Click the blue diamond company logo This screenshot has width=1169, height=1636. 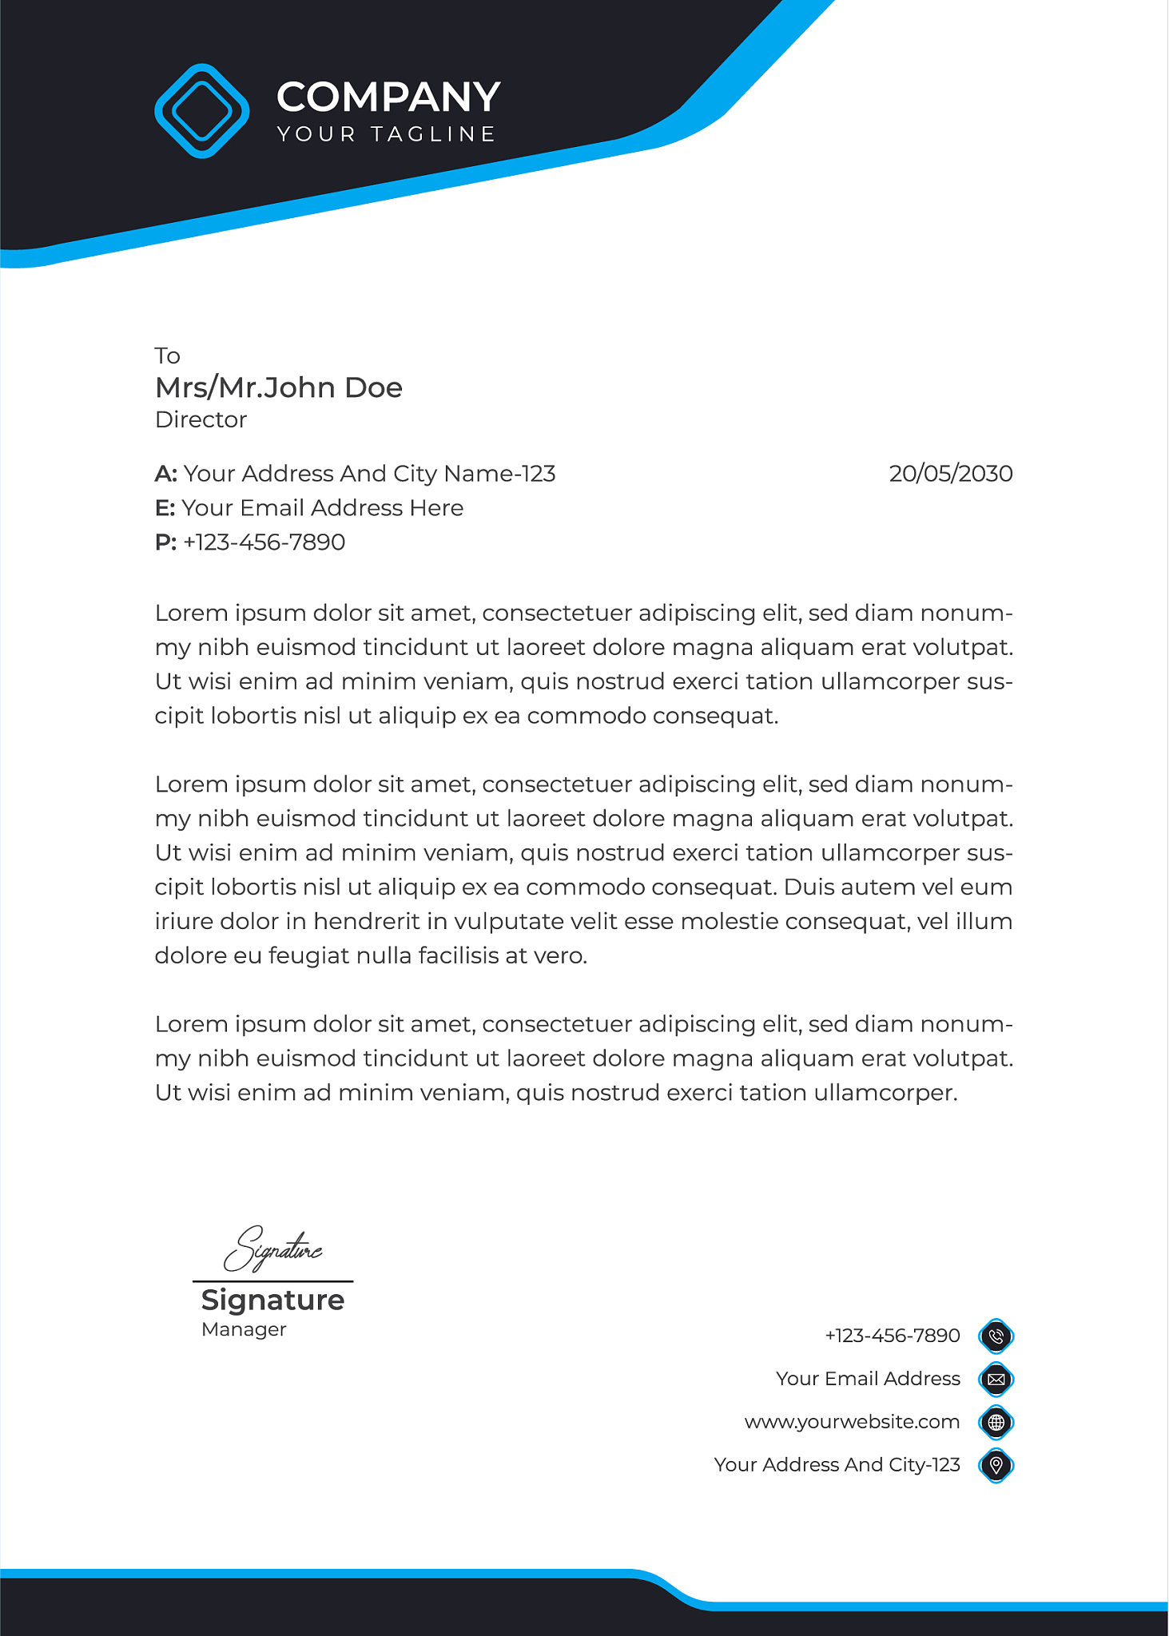(202, 111)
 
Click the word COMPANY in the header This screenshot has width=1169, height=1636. (388, 97)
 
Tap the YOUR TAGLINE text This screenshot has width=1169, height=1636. (387, 134)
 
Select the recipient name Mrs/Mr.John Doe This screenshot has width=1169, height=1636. (279, 387)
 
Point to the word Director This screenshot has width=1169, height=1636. (201, 419)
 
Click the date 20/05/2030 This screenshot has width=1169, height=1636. (950, 474)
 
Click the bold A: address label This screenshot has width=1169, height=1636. (165, 474)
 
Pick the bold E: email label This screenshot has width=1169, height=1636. (165, 508)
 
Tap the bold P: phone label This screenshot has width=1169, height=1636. (165, 542)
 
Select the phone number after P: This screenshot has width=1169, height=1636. (264, 542)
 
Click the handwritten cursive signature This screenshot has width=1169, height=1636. (272, 1249)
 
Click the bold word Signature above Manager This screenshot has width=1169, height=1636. (272, 1300)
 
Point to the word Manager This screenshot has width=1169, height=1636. (244, 1329)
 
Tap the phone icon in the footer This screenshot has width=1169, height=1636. (996, 1336)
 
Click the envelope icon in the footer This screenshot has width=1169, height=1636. (996, 1379)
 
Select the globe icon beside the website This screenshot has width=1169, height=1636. (996, 1422)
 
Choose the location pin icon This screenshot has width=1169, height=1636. (996, 1465)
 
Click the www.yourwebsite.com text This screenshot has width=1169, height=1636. (852, 1422)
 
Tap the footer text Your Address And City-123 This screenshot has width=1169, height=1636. (837, 1465)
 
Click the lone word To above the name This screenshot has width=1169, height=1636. (168, 355)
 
